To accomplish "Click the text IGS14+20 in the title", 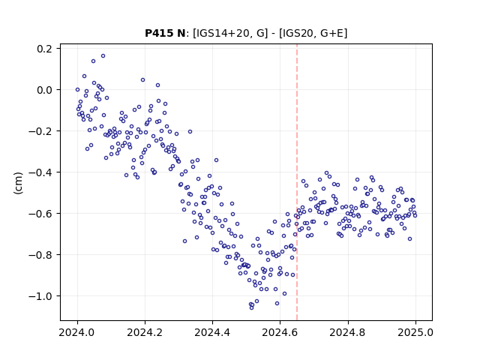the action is (x=222, y=33).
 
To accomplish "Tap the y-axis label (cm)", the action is (x=18, y=183).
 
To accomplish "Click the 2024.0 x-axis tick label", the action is (x=77, y=332).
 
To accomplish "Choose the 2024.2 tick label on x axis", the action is (x=145, y=332).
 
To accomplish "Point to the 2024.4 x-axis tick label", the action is (x=212, y=332).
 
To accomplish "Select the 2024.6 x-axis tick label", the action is (x=280, y=332).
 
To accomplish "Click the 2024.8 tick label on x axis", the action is (x=348, y=332).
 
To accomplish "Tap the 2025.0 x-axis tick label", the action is (x=415, y=332).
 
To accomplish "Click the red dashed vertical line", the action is (x=297, y=182).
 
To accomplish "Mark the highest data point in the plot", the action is (x=103, y=56).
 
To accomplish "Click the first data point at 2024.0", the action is (x=77, y=90).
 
